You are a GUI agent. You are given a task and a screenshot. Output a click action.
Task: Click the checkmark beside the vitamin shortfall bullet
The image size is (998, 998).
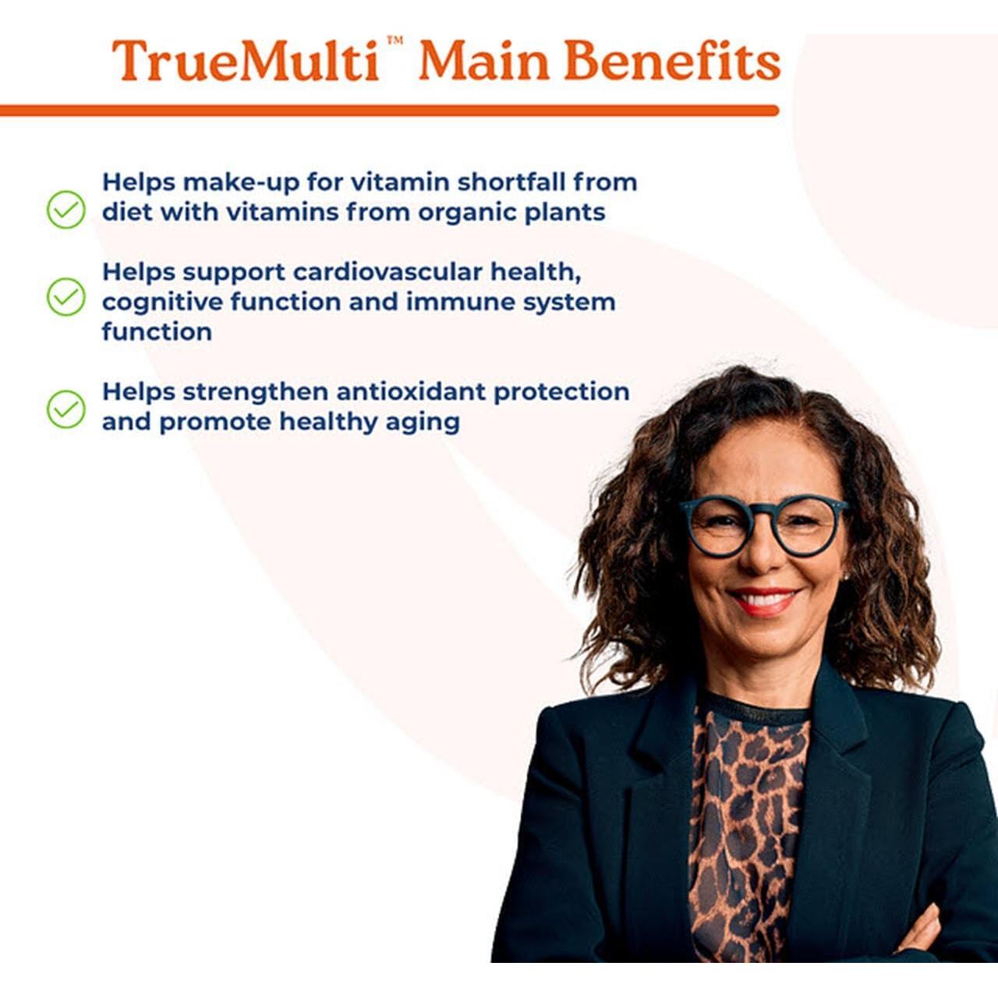click(66, 210)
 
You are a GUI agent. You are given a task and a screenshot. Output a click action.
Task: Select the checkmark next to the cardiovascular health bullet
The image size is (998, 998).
click(66, 297)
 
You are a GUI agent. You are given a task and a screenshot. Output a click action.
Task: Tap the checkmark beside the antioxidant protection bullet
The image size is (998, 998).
click(66, 409)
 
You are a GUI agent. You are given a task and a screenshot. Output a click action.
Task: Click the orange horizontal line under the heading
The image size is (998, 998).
click(390, 111)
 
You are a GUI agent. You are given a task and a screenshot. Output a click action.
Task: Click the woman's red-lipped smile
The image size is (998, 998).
click(763, 601)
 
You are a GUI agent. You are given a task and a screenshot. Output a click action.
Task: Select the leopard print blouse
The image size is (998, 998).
click(745, 826)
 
